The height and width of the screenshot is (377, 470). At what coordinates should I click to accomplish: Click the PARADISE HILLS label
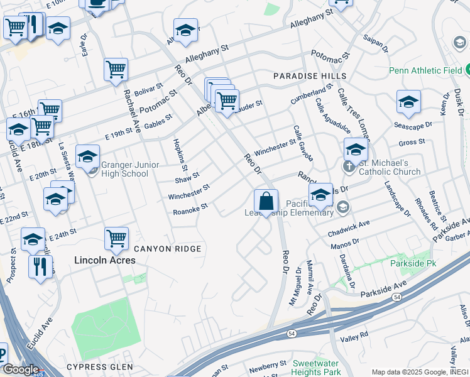pyautogui.click(x=310, y=76)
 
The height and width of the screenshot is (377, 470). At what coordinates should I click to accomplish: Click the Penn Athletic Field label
pyautogui.click(x=425, y=70)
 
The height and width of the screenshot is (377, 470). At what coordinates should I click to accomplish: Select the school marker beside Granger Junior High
pyautogui.click(x=87, y=156)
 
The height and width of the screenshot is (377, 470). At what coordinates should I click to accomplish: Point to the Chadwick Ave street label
pyautogui.click(x=349, y=229)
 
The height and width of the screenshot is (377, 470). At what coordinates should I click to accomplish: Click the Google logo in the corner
pyautogui.click(x=21, y=369)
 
